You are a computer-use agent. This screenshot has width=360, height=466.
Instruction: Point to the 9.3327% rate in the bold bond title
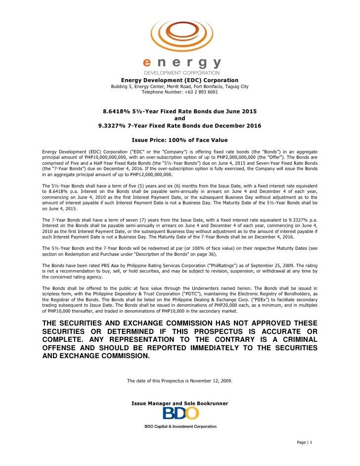pyautogui.click(x=112, y=126)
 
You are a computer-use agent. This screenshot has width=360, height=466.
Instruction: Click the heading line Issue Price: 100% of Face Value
pyautogui.click(x=180, y=140)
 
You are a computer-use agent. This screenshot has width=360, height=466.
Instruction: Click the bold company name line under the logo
pyautogui.click(x=180, y=80)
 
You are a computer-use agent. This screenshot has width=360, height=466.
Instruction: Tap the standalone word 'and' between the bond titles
pyautogui.click(x=180, y=119)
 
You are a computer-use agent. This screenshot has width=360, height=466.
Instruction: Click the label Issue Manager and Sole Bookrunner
pyautogui.click(x=180, y=404)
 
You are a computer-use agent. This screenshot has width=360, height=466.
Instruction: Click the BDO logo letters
pyautogui.click(x=180, y=414)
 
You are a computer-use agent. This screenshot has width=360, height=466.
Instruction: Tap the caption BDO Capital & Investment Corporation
pyautogui.click(x=180, y=426)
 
